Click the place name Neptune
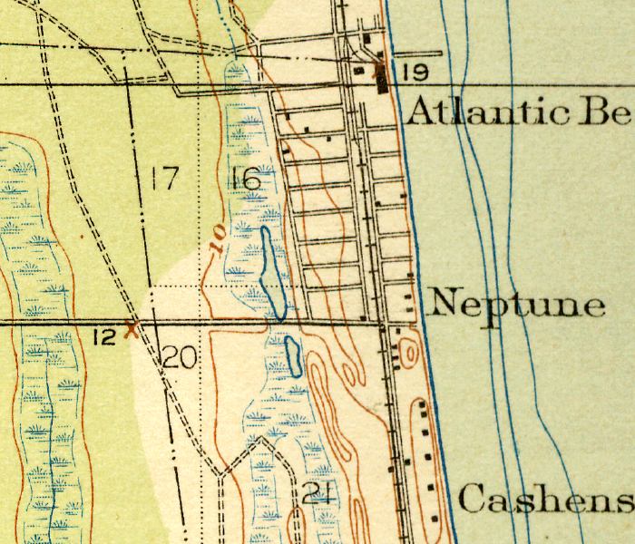tap(517, 304)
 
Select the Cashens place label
tap(544, 500)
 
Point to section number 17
tap(163, 179)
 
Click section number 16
tap(245, 179)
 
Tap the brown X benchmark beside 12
tap(134, 327)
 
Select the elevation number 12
tap(105, 337)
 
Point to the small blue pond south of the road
tap(293, 355)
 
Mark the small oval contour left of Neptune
tap(408, 350)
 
